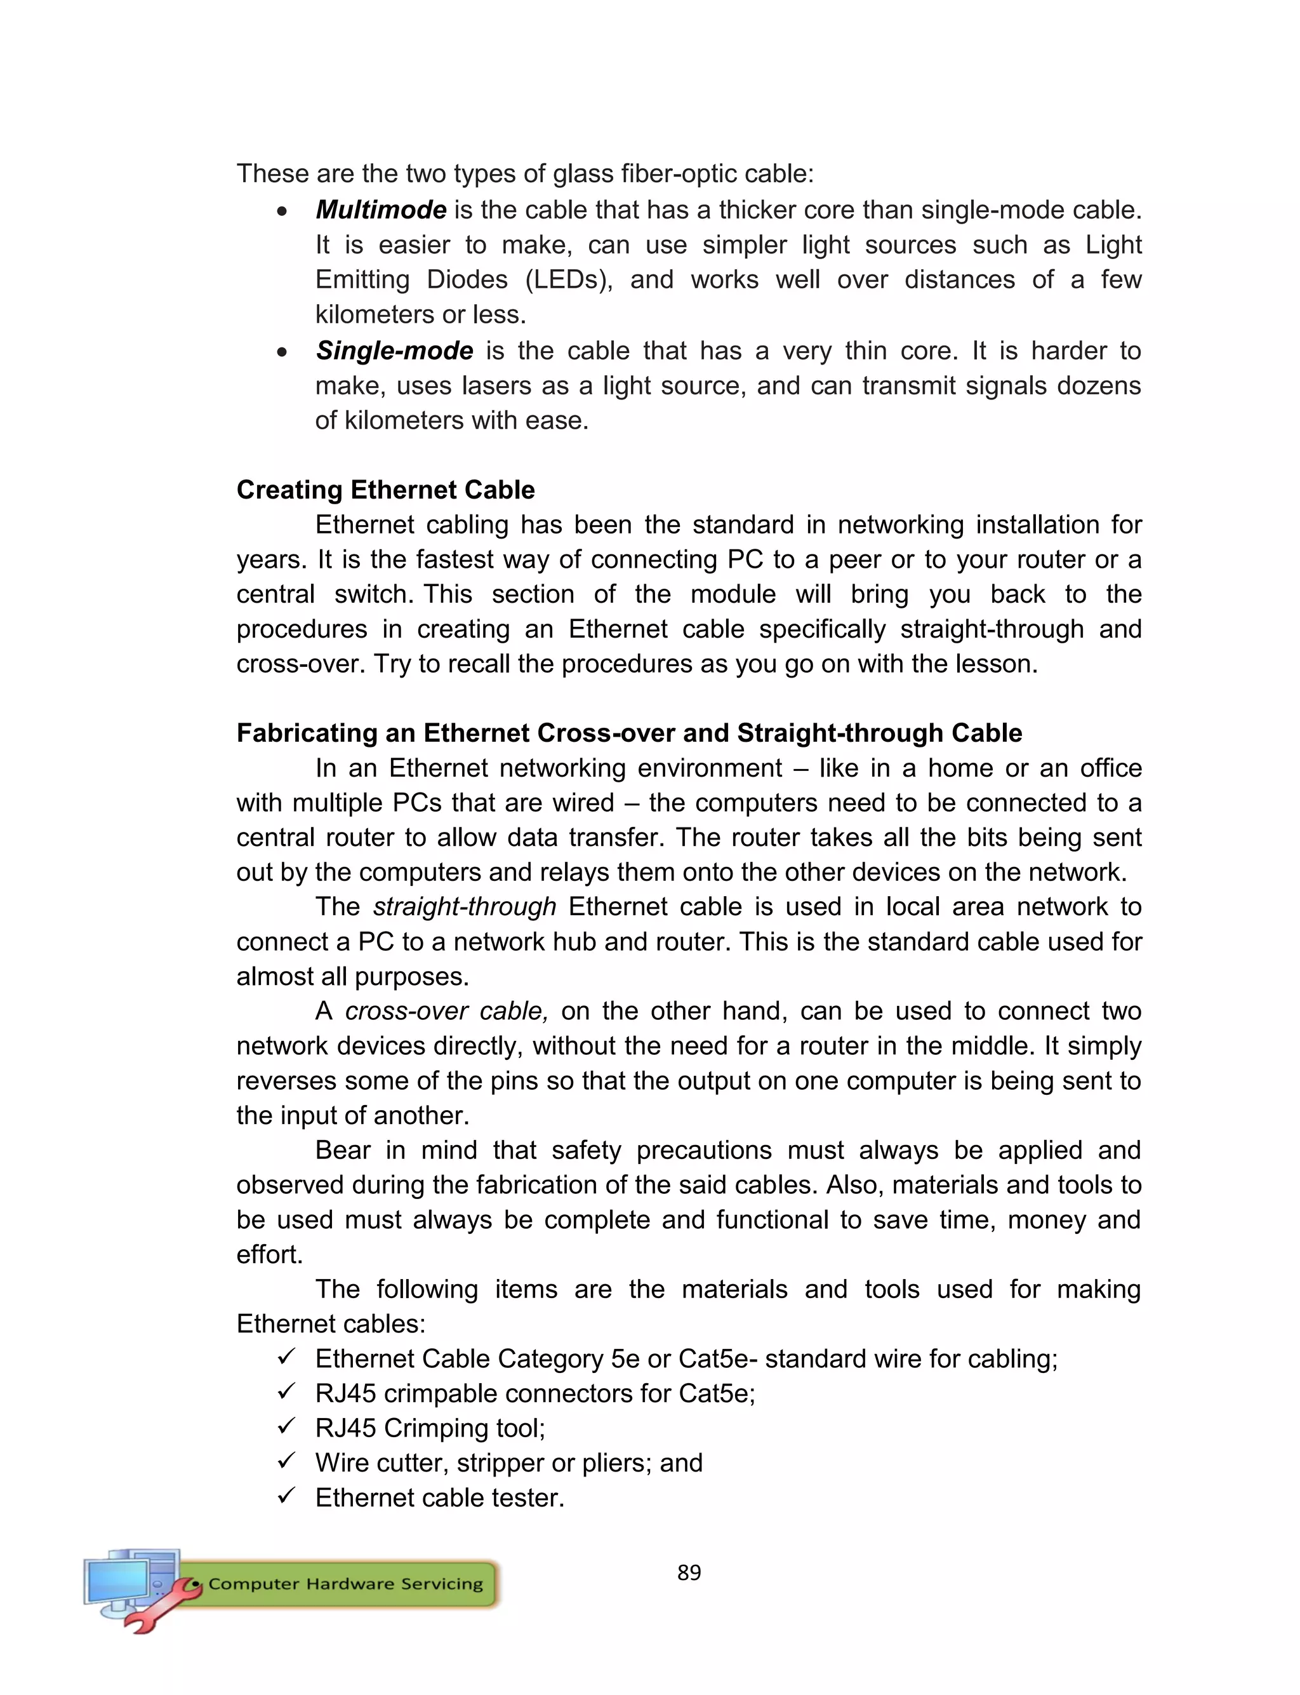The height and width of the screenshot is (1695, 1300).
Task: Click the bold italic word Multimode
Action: (x=381, y=210)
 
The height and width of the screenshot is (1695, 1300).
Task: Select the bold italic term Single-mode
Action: (x=394, y=351)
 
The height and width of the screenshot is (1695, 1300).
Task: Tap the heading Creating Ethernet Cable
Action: (x=385, y=490)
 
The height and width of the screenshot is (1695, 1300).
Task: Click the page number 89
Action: (x=689, y=1572)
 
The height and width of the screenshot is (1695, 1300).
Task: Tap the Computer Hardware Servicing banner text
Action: (x=345, y=1584)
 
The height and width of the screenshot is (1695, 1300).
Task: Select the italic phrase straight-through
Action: (x=464, y=906)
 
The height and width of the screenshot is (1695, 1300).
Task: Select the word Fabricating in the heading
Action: (x=325, y=733)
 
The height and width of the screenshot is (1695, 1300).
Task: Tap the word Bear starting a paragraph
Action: (x=343, y=1150)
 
